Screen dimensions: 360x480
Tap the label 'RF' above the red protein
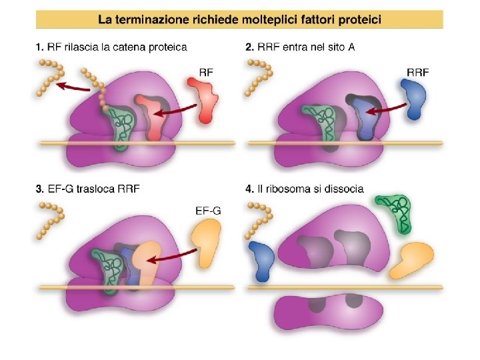click(x=207, y=71)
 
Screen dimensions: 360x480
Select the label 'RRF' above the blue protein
click(x=419, y=71)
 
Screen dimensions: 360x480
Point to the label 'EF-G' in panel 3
click(x=209, y=211)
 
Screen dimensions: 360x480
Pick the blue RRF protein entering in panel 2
click(x=415, y=99)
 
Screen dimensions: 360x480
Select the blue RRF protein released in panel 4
click(x=262, y=261)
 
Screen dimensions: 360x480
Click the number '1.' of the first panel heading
click(x=40, y=47)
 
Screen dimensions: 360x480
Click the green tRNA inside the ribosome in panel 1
click(x=121, y=123)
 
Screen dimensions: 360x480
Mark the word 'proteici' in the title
click(x=358, y=20)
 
